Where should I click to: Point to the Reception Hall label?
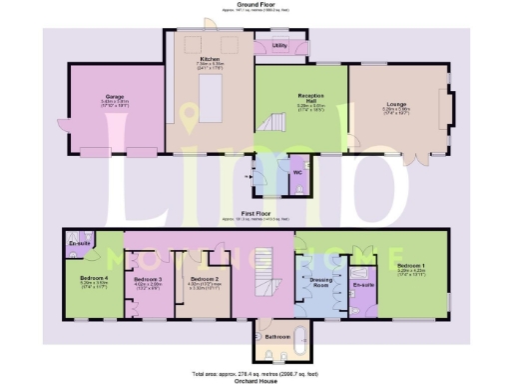click(311, 96)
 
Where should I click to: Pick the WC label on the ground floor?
click(297, 171)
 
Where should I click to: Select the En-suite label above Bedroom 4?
click(79, 244)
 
